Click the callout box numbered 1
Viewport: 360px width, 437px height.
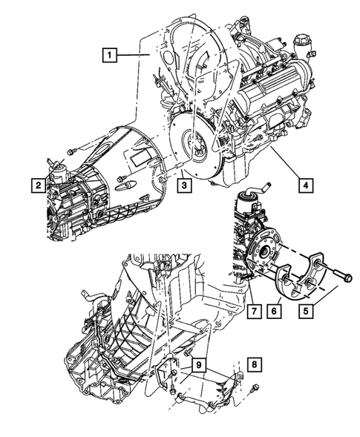(110, 54)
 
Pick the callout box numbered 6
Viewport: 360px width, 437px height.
(274, 306)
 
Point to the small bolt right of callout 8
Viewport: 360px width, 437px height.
(255, 387)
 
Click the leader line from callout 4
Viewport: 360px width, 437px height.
(286, 163)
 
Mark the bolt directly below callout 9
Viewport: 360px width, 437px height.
(172, 389)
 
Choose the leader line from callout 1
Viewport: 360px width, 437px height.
(137, 54)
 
